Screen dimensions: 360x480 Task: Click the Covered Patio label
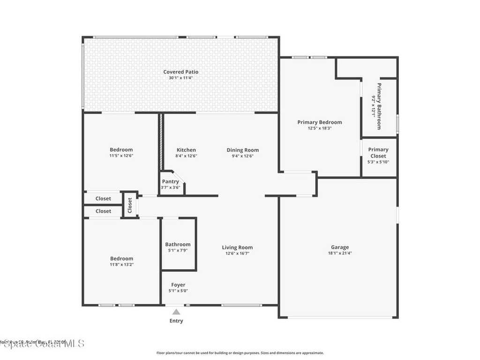tap(180, 72)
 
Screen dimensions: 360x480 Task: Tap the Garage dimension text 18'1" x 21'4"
tap(340, 253)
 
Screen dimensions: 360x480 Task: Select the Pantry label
tap(170, 181)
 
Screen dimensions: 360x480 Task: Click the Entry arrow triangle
tap(176, 311)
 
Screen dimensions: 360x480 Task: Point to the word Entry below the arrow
tap(176, 321)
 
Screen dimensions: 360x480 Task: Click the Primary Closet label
tap(378, 153)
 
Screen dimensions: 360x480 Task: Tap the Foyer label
tap(178, 285)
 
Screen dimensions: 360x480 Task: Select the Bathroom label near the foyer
tap(178, 244)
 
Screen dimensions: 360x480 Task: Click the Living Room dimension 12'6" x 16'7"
tap(237, 253)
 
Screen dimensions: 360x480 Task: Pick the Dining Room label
tap(243, 150)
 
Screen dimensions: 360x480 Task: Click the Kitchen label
tap(186, 150)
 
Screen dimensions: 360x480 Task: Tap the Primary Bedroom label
tap(320, 122)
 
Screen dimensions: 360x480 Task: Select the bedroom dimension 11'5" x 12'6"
tap(121, 156)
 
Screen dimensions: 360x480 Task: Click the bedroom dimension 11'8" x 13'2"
tap(121, 264)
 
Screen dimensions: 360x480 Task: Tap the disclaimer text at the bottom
tap(240, 353)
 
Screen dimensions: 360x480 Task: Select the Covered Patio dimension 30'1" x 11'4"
tap(180, 78)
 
